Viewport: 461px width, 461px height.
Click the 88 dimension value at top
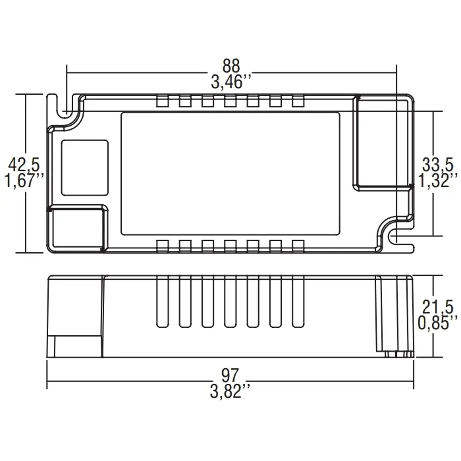click(x=231, y=67)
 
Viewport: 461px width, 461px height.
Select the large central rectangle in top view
click(x=230, y=174)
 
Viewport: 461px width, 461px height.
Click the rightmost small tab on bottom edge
click(x=298, y=246)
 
